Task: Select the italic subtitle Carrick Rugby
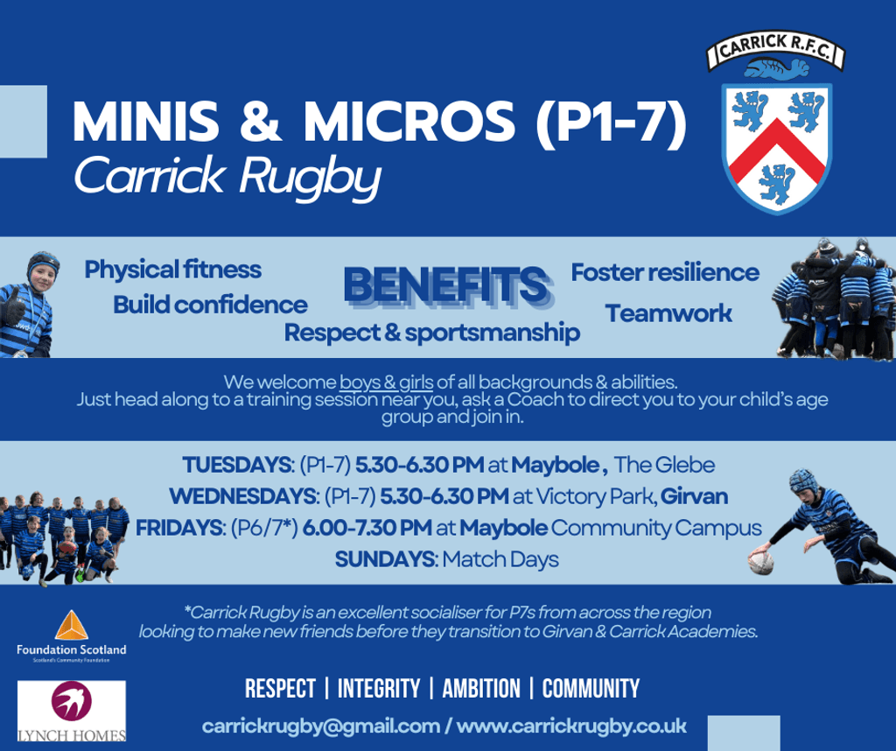pos(227,178)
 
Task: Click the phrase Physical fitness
pos(172,269)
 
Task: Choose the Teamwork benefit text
pos(668,313)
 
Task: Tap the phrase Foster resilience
pos(665,271)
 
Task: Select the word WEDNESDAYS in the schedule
pos(241,496)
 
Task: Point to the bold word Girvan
pos(696,496)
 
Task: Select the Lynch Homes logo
pos(71,711)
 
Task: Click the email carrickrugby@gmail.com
pos(321,726)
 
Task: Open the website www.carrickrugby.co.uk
pos(571,726)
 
